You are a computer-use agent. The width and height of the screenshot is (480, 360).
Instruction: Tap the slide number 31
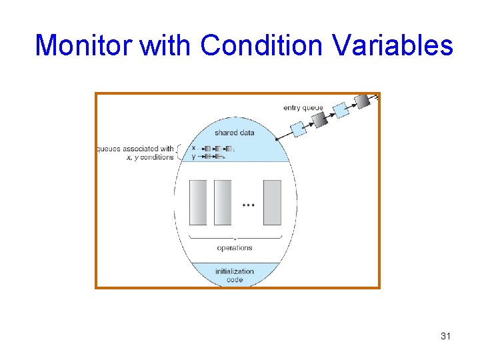(x=446, y=336)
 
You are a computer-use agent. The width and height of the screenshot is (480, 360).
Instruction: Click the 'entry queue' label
(x=303, y=108)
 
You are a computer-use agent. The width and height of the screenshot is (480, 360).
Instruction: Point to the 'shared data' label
(x=234, y=133)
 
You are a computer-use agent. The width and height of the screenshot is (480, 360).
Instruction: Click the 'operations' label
(x=235, y=248)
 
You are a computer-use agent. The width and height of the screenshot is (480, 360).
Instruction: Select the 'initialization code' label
(x=235, y=275)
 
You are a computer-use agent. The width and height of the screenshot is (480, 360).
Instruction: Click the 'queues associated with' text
(x=135, y=149)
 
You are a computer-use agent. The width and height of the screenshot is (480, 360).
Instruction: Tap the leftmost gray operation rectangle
(x=199, y=202)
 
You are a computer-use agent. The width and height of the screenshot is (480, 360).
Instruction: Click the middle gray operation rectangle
(x=223, y=202)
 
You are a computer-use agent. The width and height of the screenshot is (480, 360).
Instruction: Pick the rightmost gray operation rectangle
(x=272, y=202)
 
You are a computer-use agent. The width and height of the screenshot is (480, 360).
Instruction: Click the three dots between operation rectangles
(x=248, y=205)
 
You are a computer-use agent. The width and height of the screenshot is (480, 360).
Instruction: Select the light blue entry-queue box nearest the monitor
(x=299, y=129)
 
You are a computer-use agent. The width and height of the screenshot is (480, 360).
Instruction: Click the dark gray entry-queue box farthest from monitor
(x=362, y=101)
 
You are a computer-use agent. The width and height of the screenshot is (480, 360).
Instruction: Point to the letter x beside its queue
(x=193, y=148)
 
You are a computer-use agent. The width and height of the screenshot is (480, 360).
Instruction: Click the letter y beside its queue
(x=193, y=157)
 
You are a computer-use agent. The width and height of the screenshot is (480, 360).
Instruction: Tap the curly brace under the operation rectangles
(x=235, y=237)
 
